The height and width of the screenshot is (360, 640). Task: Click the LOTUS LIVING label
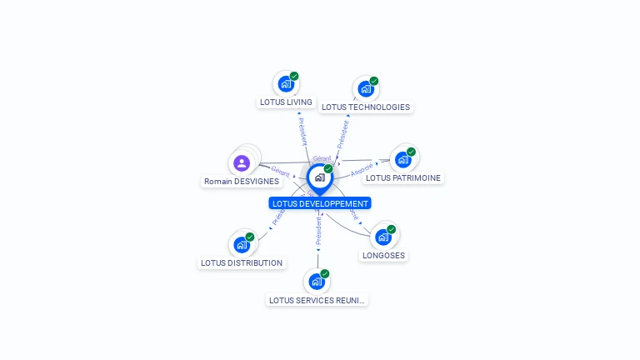click(286, 102)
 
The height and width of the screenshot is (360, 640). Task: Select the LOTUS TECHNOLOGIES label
click(365, 107)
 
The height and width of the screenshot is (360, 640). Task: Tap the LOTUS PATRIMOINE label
click(402, 177)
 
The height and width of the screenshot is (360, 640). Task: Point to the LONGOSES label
click(383, 256)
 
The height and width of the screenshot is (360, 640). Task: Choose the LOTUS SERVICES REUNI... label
click(317, 300)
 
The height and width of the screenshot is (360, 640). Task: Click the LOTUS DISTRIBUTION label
click(242, 263)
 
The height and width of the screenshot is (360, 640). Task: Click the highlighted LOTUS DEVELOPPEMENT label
click(319, 203)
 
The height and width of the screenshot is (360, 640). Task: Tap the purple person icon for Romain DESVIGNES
click(242, 162)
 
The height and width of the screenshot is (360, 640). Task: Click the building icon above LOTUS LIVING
click(286, 84)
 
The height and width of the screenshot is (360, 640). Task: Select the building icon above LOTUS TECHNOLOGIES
click(365, 88)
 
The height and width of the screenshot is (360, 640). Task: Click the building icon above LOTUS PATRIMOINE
click(403, 159)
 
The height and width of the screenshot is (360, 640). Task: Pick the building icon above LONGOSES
click(383, 237)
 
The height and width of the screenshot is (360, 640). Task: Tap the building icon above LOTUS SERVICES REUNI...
click(317, 282)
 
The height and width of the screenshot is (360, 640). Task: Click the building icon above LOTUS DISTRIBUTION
click(242, 245)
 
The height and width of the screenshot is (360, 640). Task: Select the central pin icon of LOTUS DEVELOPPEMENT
click(319, 177)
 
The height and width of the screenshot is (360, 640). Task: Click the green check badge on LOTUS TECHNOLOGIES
click(374, 81)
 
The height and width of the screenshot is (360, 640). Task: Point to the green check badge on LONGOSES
click(392, 229)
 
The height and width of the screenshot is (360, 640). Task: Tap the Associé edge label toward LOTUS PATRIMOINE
click(362, 168)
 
